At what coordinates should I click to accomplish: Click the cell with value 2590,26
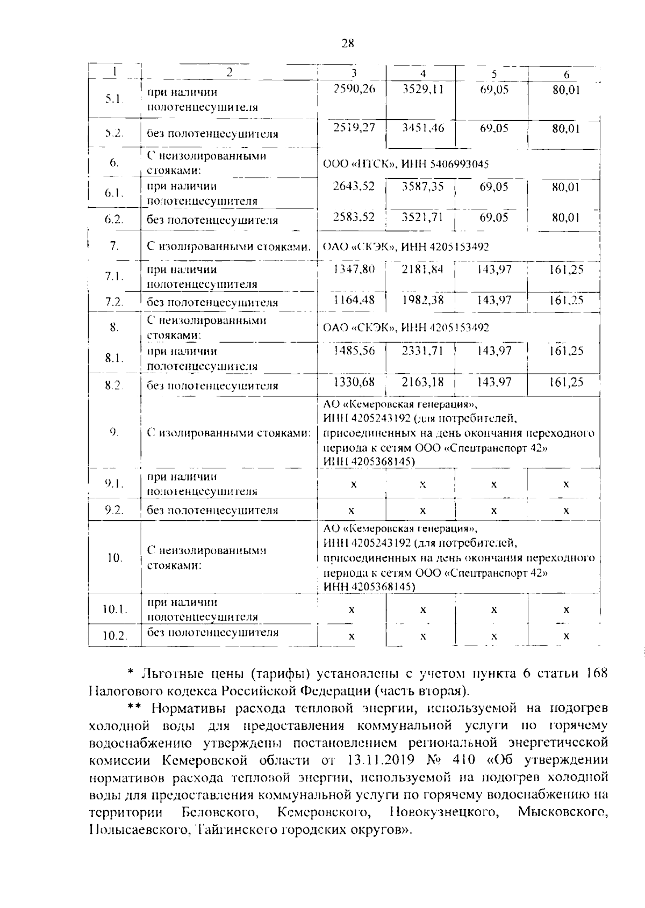tap(354, 90)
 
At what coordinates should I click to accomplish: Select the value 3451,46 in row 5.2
tap(423, 128)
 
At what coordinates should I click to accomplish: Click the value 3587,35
tap(423, 187)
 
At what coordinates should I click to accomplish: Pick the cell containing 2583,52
tap(354, 217)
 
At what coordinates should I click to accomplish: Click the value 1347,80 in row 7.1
tap(354, 270)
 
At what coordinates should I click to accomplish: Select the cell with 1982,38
tap(423, 300)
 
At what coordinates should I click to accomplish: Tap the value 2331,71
tap(423, 351)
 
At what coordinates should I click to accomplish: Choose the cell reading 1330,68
tap(354, 382)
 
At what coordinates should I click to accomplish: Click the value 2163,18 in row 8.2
tap(423, 382)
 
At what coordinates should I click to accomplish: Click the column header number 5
tap(493, 75)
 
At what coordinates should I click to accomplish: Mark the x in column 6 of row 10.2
tap(566, 636)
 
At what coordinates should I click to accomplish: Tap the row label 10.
tap(114, 558)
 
